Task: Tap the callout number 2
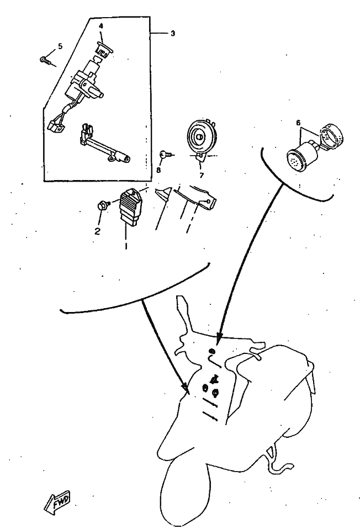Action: pyautogui.click(x=97, y=231)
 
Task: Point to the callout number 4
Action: pyautogui.click(x=101, y=26)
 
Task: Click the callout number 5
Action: pyautogui.click(x=60, y=46)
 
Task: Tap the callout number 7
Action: pyautogui.click(x=202, y=175)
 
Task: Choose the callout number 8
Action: pyautogui.click(x=158, y=170)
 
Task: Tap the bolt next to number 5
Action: pyautogui.click(x=45, y=60)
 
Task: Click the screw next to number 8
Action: pyautogui.click(x=165, y=155)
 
